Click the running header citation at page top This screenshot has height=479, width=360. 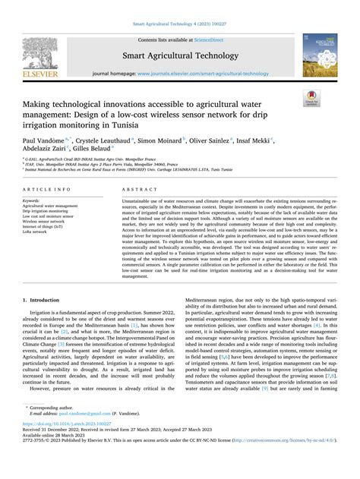tap(179, 6)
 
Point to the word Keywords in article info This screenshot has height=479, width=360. tap(33, 199)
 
